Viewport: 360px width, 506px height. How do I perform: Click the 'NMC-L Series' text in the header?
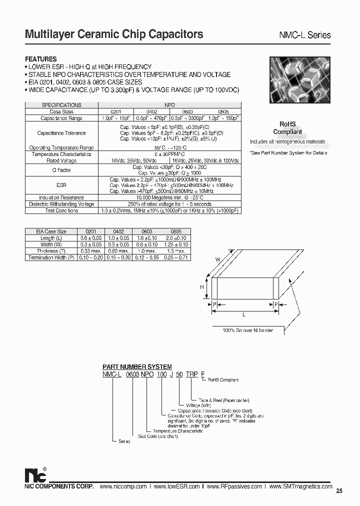click(x=304, y=35)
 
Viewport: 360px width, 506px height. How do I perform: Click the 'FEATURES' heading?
click(x=41, y=59)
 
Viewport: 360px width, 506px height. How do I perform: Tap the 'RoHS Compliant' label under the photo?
click(x=287, y=128)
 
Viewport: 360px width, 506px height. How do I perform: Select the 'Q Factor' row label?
click(x=61, y=170)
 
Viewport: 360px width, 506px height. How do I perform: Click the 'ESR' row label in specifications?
click(x=61, y=184)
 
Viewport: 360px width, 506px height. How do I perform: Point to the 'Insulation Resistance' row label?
click(x=61, y=198)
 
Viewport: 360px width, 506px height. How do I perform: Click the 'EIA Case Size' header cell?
click(x=51, y=231)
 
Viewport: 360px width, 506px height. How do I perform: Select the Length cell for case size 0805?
click(x=177, y=238)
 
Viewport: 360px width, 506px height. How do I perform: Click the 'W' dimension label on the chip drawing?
click(x=218, y=259)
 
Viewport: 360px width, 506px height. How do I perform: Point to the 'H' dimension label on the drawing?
click(x=202, y=287)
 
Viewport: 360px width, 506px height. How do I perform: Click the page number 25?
click(x=339, y=491)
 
